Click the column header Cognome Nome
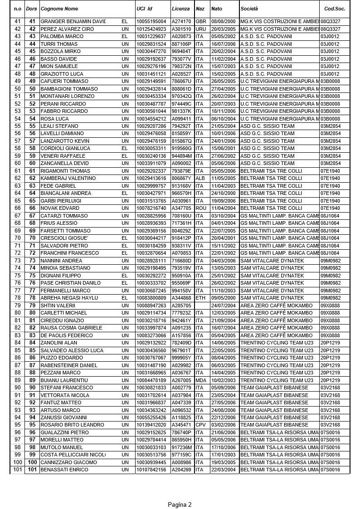pos(59,9)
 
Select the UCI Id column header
pos(144,9)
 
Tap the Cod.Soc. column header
pos(335,9)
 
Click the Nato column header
pos(217,9)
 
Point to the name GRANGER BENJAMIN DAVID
pos(73,21)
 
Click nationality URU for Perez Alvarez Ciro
pos(201,29)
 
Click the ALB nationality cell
pos(200,179)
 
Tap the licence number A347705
pos(181,208)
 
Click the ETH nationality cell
pos(200,298)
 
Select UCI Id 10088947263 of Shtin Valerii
pos(151,305)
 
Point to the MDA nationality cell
pos(200,380)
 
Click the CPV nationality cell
pos(200,425)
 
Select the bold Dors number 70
pos(32,238)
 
